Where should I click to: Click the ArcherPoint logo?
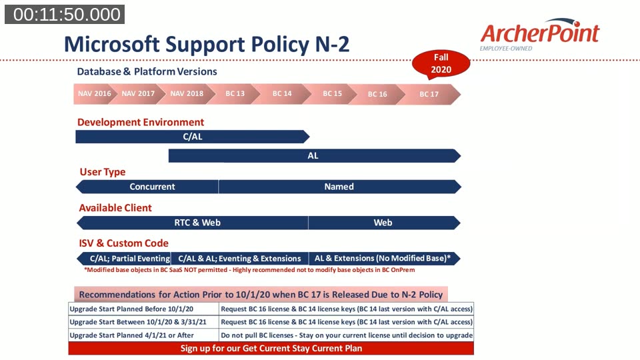click(539, 35)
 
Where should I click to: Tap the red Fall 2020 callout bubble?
click(441, 64)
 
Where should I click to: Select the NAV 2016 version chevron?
click(94, 94)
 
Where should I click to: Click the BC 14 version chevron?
click(282, 94)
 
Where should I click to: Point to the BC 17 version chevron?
click(429, 94)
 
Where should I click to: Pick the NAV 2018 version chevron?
click(187, 94)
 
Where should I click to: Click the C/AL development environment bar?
click(192, 137)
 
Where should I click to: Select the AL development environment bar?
click(313, 156)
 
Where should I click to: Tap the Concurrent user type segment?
click(151, 187)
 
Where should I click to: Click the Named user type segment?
click(339, 187)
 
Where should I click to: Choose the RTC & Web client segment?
click(197, 223)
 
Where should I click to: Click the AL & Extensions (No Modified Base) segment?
click(383, 259)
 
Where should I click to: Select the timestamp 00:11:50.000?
click(64, 14)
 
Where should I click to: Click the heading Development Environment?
click(141, 122)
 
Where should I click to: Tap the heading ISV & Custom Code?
click(123, 243)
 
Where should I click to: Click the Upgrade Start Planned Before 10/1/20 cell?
click(143, 309)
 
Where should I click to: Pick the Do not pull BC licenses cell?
click(347, 335)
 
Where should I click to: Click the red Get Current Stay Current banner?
click(271, 348)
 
